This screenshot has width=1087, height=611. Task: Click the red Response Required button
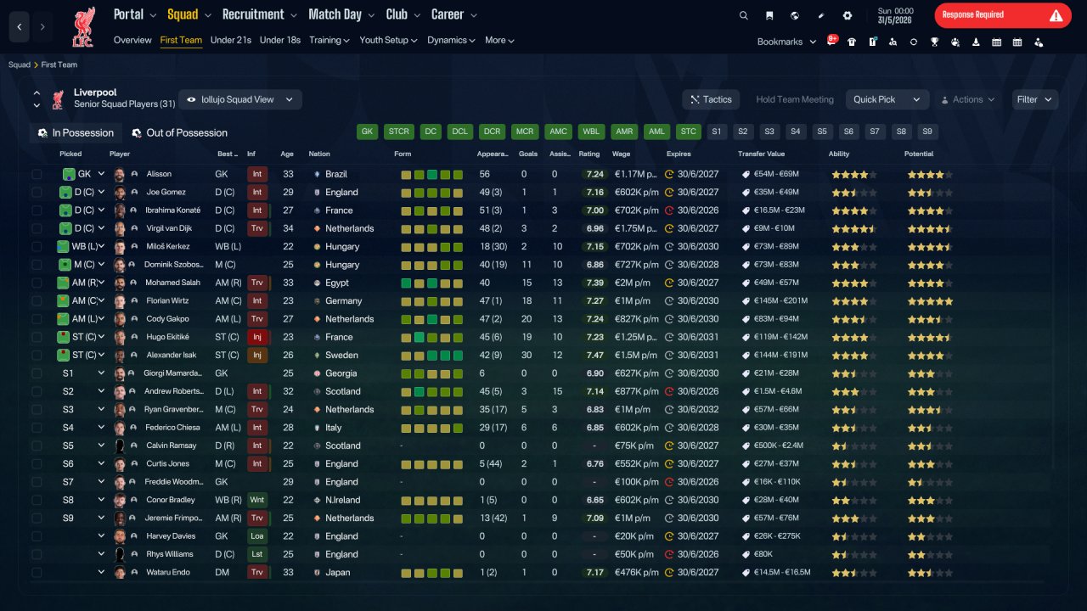pos(1003,15)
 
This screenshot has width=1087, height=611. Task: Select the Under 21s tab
pos(230,40)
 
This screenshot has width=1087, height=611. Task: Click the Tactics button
pos(711,99)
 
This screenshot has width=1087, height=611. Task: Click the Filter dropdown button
pos(1034,99)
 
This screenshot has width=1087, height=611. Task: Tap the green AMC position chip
pos(558,132)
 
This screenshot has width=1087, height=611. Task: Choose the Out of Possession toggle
pos(180,133)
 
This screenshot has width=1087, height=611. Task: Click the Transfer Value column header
pos(761,154)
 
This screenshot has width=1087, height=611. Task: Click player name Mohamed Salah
pos(172,283)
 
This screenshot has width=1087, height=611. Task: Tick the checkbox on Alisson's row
pos(37,174)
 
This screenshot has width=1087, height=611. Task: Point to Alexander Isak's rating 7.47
pos(595,355)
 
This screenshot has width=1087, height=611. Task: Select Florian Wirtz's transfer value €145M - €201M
pos(780,300)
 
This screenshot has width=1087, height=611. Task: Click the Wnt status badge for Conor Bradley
pos(256,500)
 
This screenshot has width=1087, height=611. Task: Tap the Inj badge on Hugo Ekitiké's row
pos(256,337)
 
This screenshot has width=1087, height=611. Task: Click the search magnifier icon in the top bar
pos(743,15)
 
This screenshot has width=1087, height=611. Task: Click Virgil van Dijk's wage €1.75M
pos(636,228)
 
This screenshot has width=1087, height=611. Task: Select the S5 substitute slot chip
pos(821,132)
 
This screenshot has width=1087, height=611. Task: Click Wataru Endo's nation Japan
pos(338,572)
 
